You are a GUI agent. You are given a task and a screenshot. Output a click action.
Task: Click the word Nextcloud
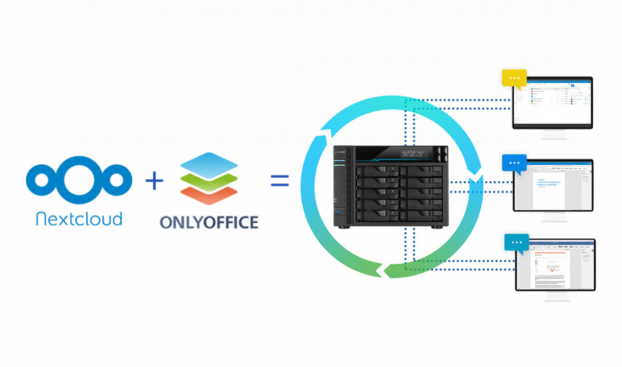click(79, 218)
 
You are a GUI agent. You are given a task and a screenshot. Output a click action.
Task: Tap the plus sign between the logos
click(154, 180)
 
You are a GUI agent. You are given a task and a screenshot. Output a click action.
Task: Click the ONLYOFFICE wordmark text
click(209, 222)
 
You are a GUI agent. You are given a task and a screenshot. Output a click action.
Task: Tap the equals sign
click(280, 181)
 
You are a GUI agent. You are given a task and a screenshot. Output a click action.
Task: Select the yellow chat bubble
click(514, 79)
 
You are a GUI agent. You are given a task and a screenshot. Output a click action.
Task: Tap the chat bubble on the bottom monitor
click(517, 243)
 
